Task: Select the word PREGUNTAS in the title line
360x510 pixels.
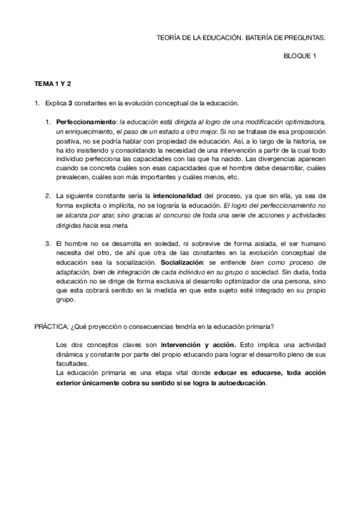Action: pos(304,37)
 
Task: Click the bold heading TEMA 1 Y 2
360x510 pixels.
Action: pos(52,83)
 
